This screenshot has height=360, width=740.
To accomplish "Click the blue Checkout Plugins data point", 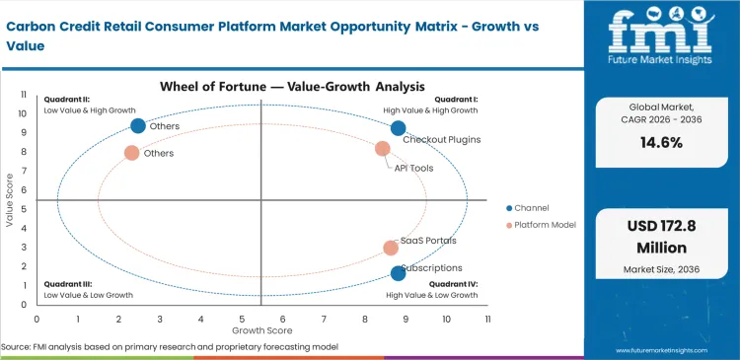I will pos(398,128).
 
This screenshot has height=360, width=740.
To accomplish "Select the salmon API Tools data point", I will pos(383,149).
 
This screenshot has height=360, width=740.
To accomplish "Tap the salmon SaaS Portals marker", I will pos(391,249).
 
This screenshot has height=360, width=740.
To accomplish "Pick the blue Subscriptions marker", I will pos(398,273).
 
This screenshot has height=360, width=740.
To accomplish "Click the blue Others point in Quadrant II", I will pos(138,125).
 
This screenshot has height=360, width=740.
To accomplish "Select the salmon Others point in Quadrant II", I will pos(131,153).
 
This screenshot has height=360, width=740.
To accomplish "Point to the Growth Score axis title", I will pos(260,330).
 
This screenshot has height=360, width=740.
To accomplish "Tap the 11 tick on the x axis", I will pos(486,320).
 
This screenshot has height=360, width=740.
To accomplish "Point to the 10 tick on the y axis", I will pos(24,113).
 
